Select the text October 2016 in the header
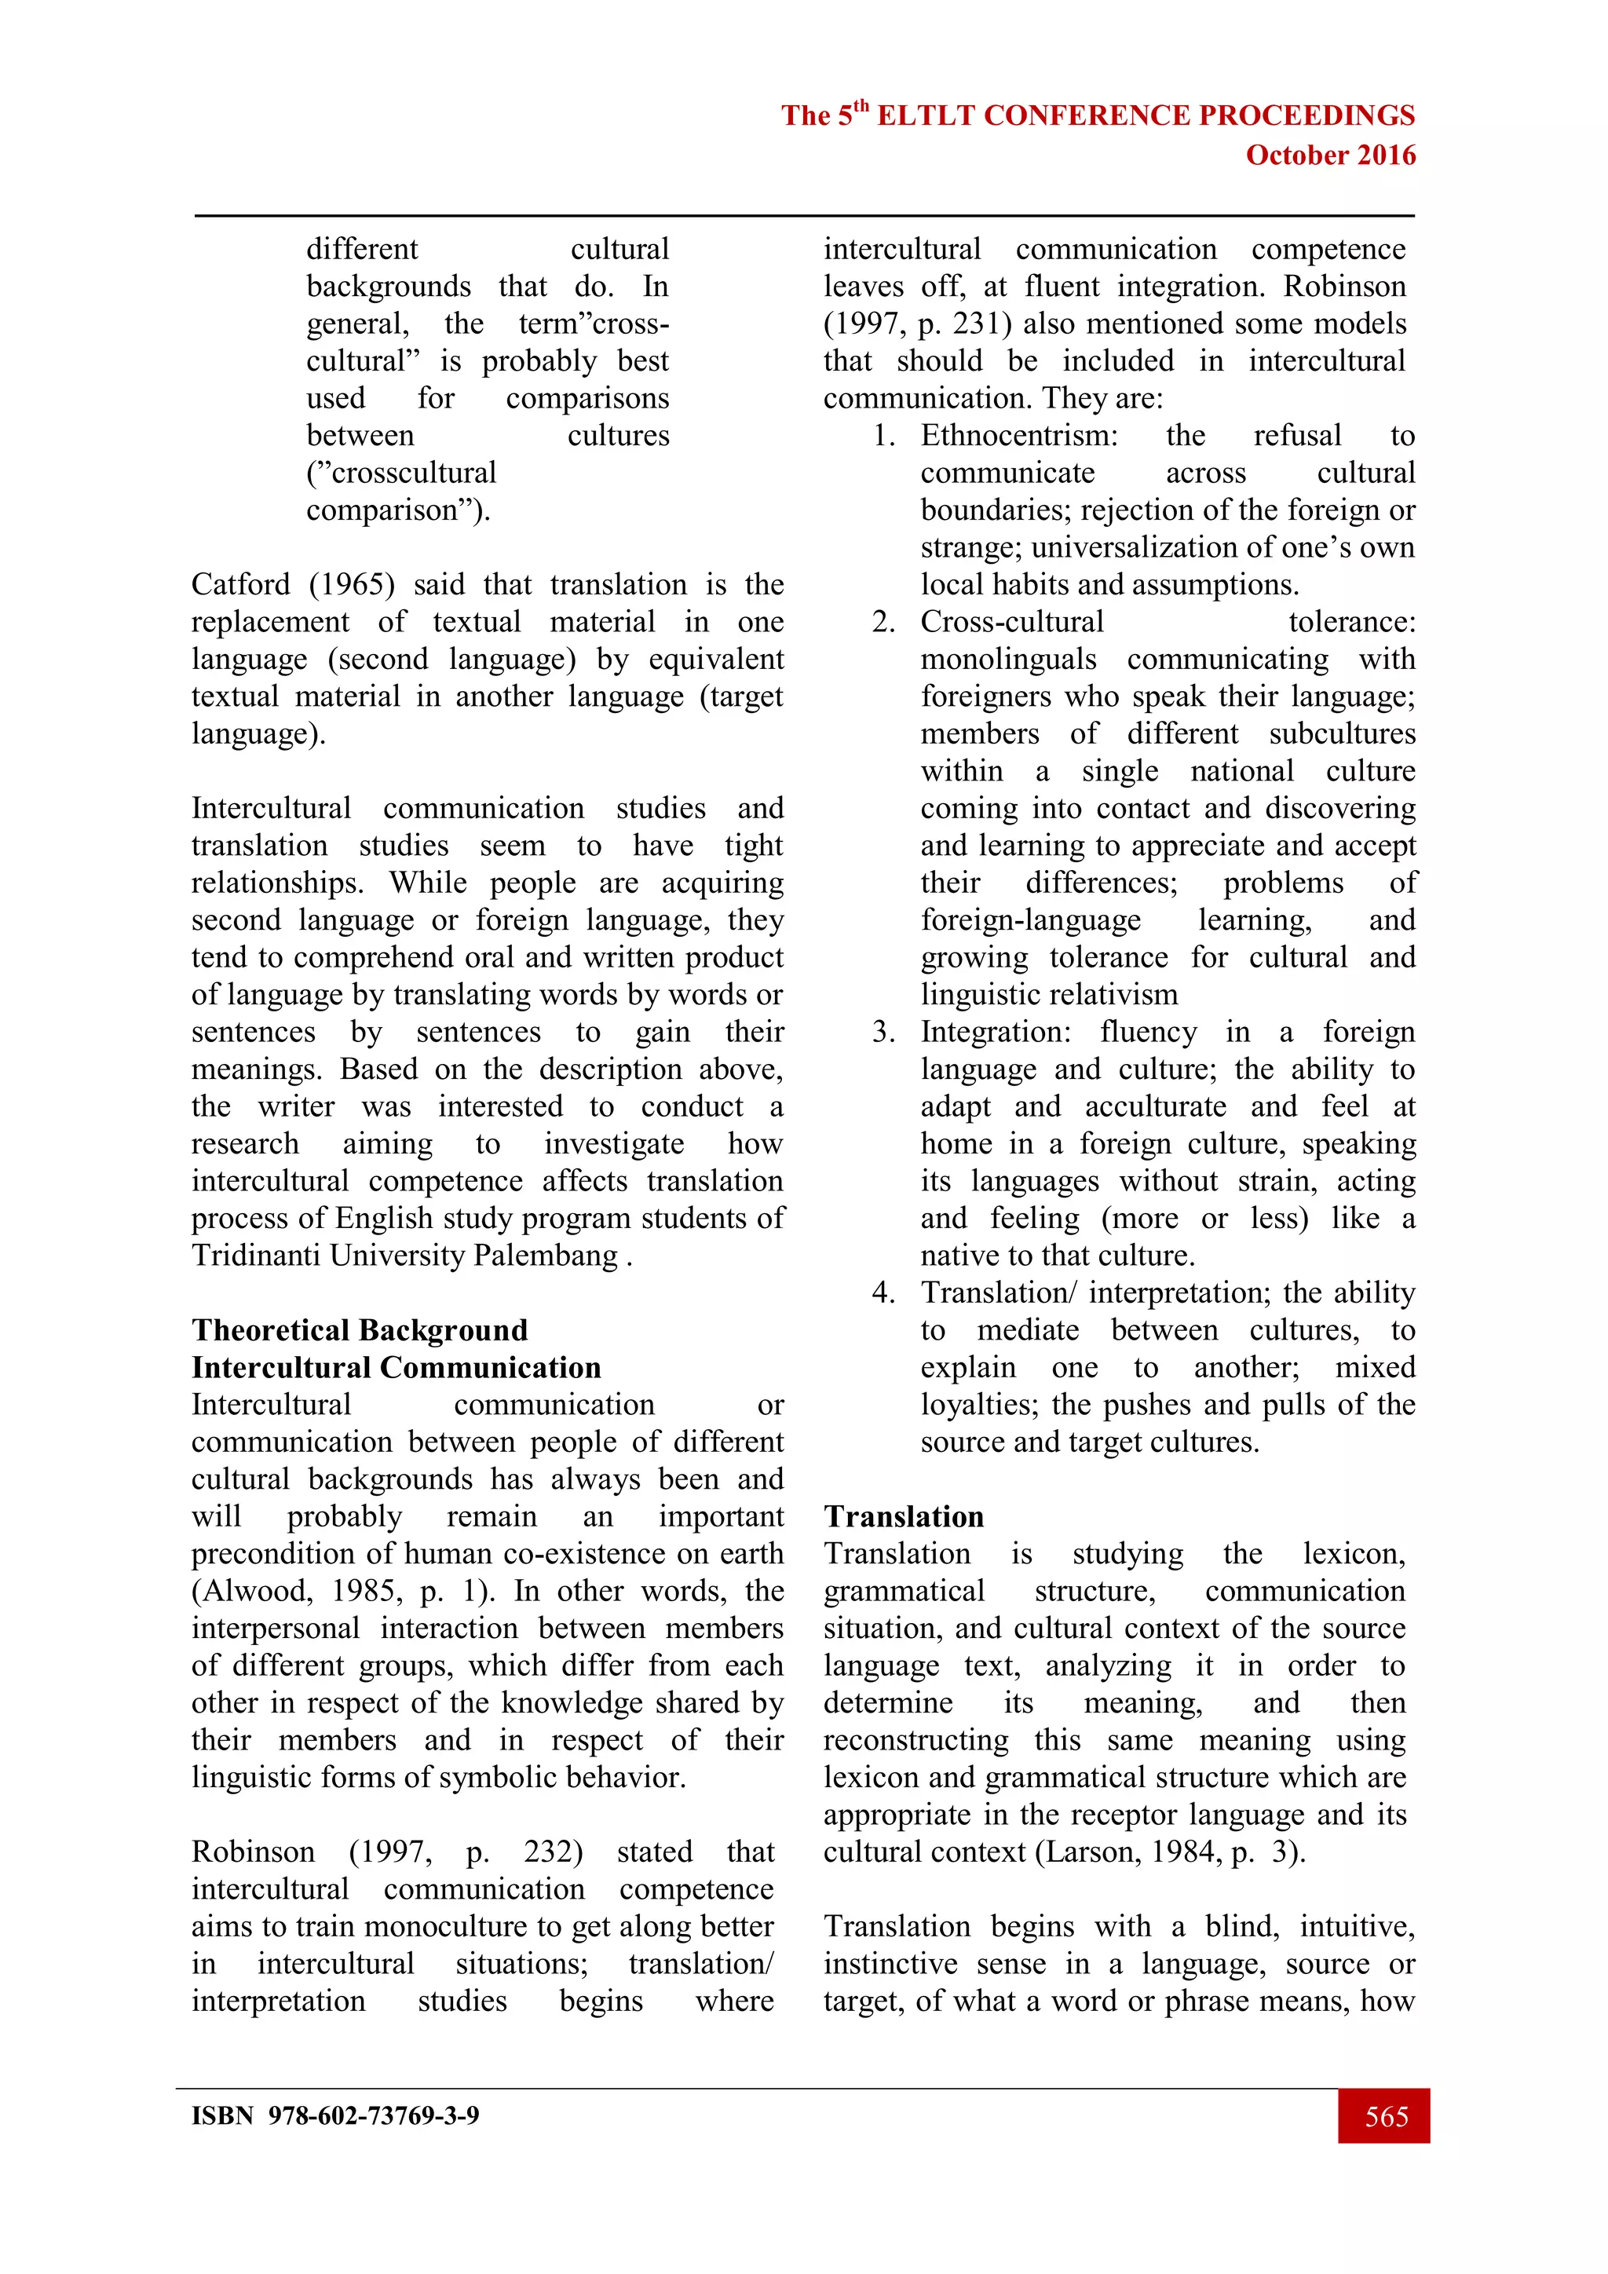click(1330, 155)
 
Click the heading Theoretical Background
click(360, 1329)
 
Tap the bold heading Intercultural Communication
click(396, 1367)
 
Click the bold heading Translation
click(903, 1516)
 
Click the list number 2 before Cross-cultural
click(883, 622)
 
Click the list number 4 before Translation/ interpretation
click(883, 1292)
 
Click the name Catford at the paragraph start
click(240, 584)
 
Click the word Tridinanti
click(257, 1256)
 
